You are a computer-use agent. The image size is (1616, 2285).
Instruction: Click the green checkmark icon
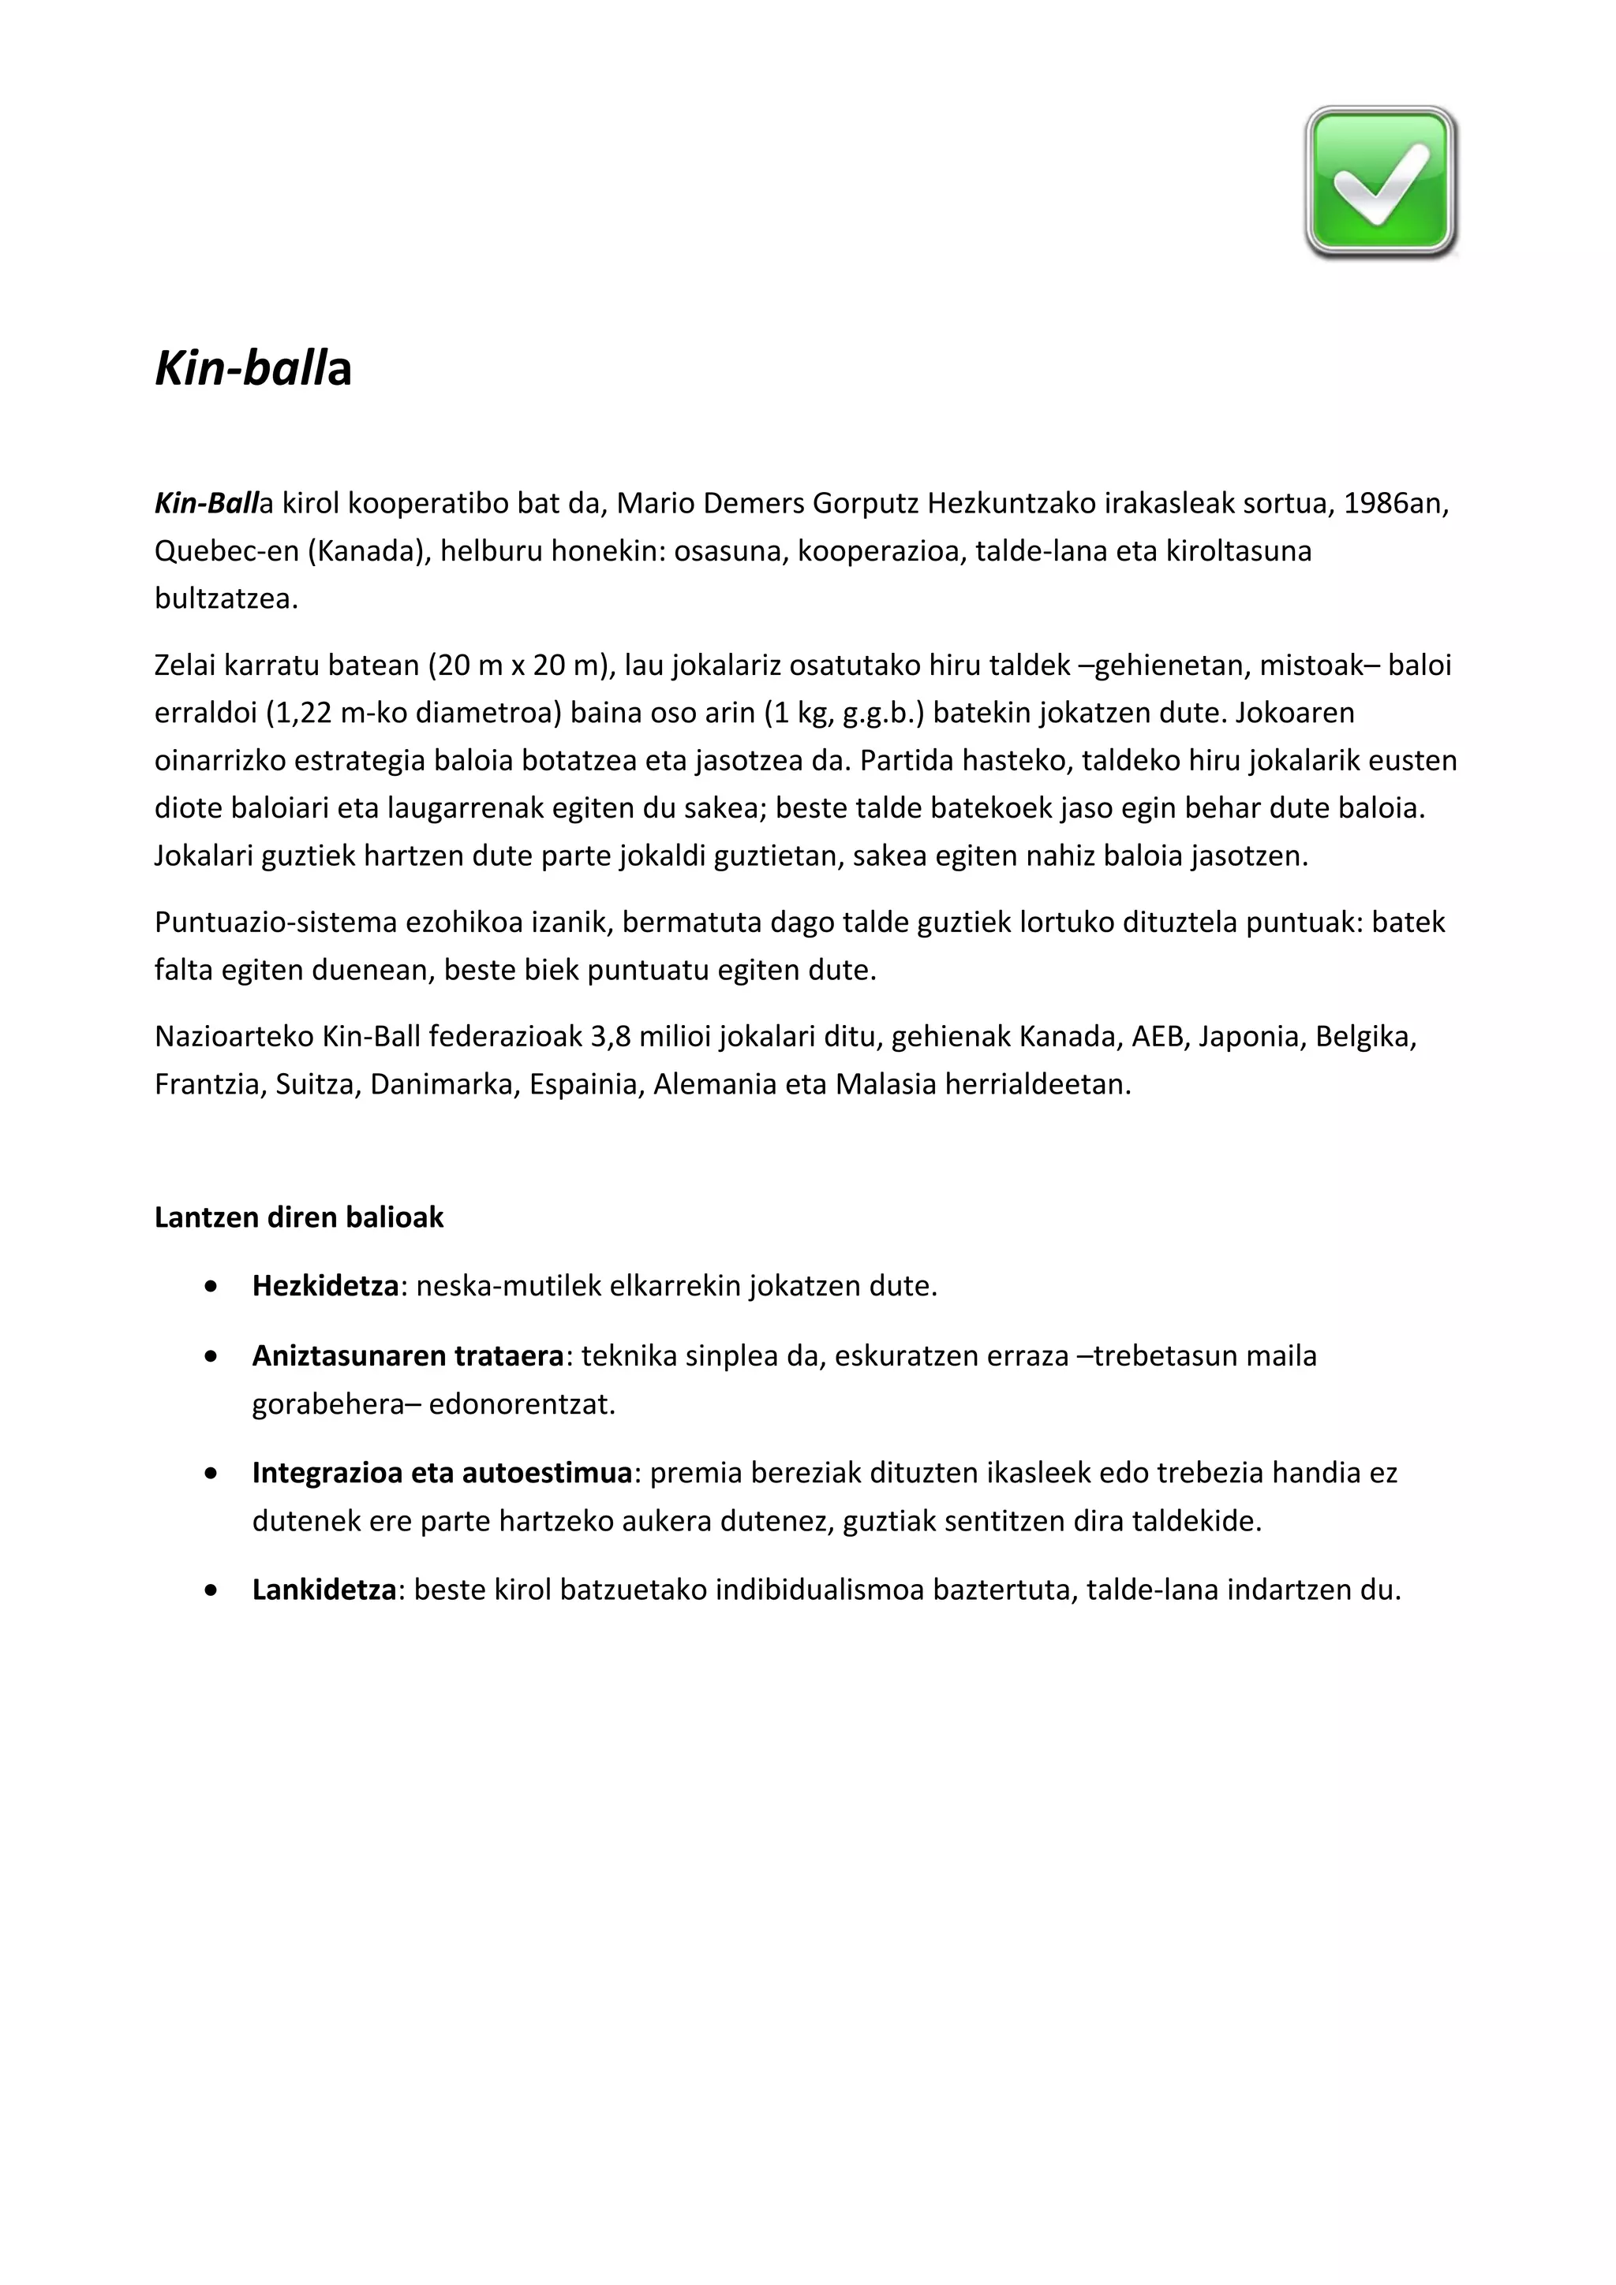coord(1380,183)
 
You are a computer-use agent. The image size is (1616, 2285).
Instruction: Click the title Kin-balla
coord(253,368)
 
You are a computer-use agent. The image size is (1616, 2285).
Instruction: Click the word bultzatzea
coord(226,599)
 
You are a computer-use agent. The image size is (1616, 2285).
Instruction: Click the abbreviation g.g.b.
coord(879,713)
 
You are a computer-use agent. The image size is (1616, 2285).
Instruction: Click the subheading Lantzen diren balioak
coord(299,1217)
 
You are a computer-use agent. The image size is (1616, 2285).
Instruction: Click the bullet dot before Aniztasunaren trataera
coord(209,1356)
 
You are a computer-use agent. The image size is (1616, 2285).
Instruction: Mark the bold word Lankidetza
coord(324,1590)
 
